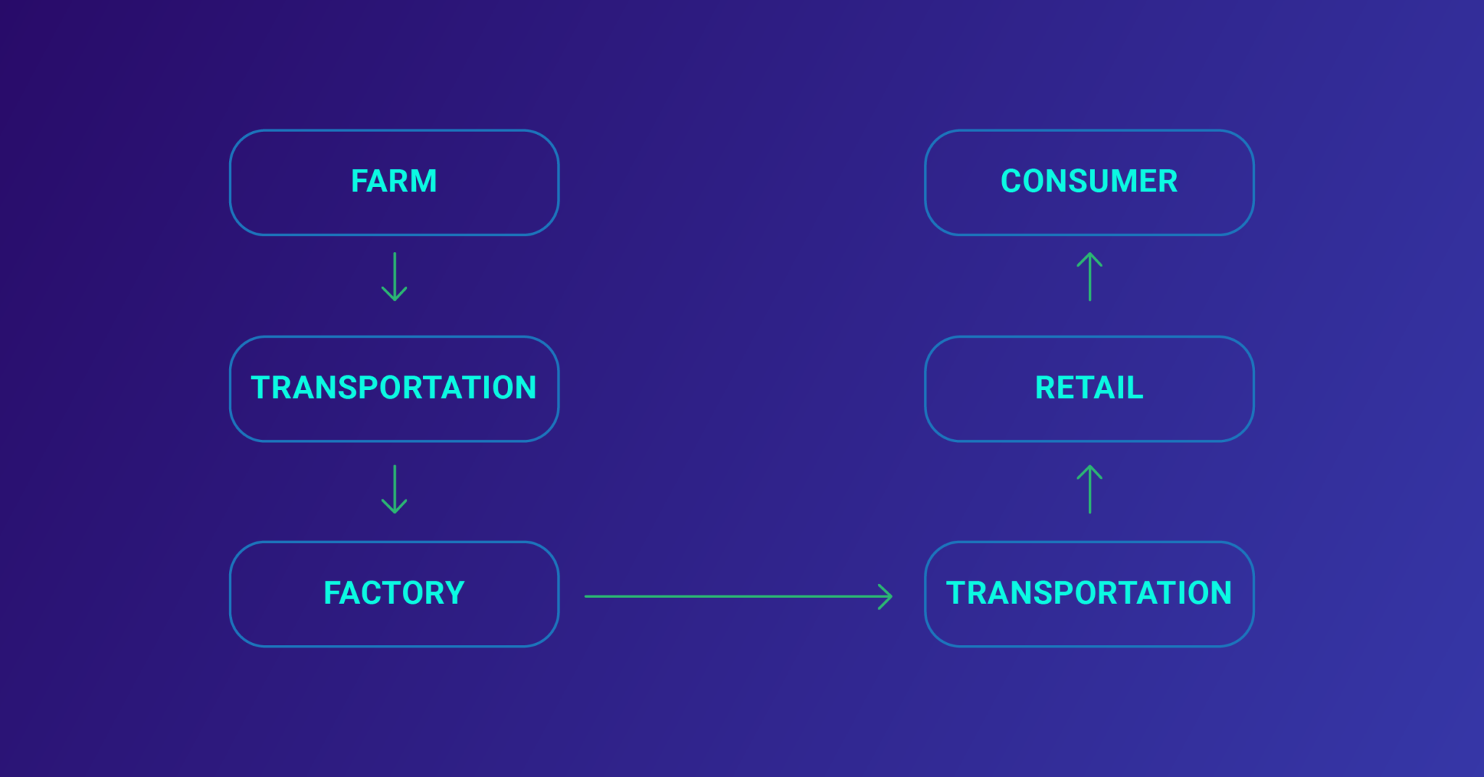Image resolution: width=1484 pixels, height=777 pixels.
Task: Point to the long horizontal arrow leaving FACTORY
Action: pyautogui.click(x=732, y=597)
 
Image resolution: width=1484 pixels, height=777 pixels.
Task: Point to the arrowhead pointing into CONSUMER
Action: pyautogui.click(x=1090, y=257)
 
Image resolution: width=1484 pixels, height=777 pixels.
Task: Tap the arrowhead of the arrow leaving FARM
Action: pyautogui.click(x=394, y=296)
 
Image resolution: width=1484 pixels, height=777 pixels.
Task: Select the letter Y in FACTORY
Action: pyautogui.click(x=454, y=593)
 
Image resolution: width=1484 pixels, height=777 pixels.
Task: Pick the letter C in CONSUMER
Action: pyautogui.click(x=1011, y=181)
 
